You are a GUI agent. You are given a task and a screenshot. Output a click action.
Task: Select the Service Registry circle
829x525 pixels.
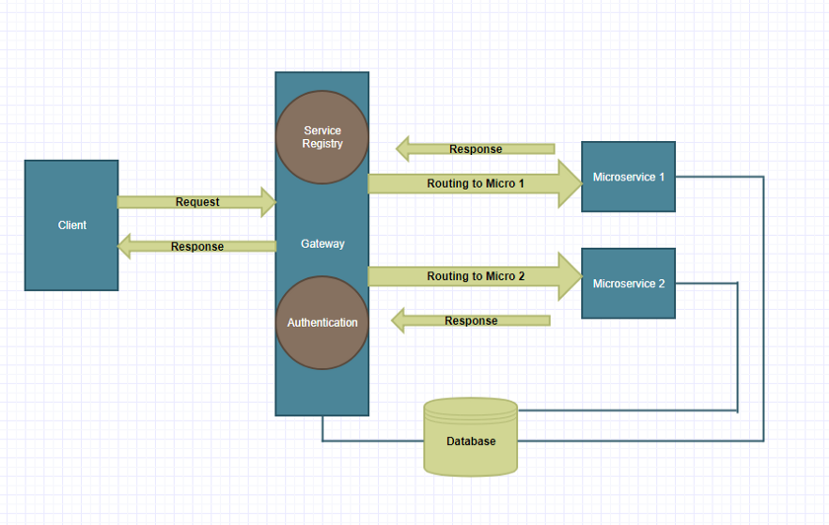tap(322, 137)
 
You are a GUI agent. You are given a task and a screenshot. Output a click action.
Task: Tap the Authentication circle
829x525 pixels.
tap(322, 323)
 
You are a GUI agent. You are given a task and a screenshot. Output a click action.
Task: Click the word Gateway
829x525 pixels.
tap(322, 244)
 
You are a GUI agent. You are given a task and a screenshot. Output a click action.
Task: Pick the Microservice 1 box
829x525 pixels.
tap(628, 177)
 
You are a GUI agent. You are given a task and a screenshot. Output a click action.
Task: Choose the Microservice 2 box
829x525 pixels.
tap(628, 283)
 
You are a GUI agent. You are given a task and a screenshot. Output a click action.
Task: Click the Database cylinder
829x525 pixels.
tap(471, 436)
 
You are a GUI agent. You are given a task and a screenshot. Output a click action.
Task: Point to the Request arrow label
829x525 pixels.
tap(197, 202)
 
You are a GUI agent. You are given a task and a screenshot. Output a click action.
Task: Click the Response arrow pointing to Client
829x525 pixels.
tap(196, 247)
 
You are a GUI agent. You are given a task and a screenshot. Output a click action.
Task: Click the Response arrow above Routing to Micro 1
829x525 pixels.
tap(475, 149)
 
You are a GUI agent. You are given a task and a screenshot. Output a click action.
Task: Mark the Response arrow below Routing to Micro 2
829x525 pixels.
tap(471, 321)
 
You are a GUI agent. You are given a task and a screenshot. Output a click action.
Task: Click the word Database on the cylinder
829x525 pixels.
tap(471, 441)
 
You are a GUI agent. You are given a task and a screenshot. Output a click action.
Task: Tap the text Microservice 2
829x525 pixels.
tap(629, 284)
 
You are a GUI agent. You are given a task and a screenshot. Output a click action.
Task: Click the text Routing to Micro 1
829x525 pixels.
tap(476, 184)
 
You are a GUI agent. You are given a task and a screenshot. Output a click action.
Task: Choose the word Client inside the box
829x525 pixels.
tap(72, 225)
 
